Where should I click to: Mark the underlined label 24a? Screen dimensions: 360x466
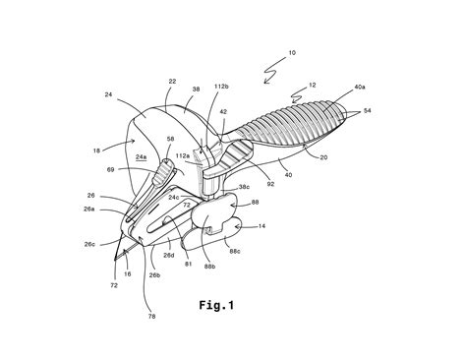(x=141, y=157)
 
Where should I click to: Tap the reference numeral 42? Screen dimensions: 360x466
(x=224, y=113)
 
